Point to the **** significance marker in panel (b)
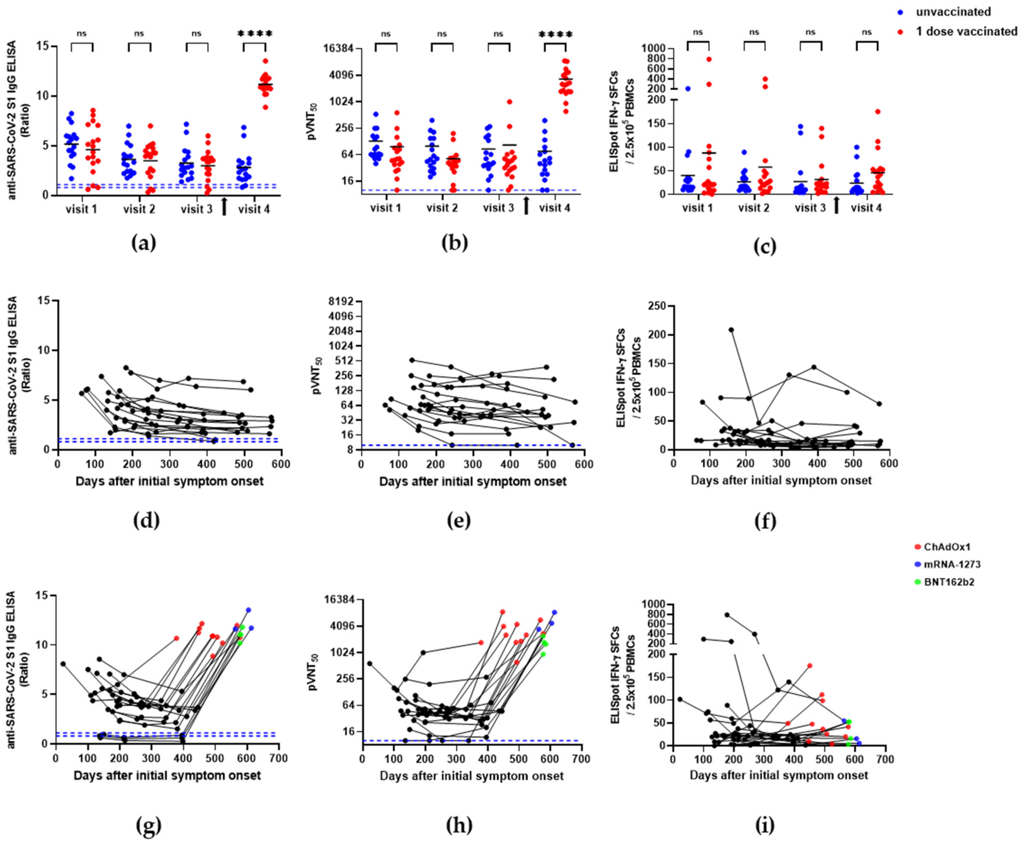pyautogui.click(x=555, y=35)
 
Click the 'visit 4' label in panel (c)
pyautogui.click(x=866, y=208)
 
